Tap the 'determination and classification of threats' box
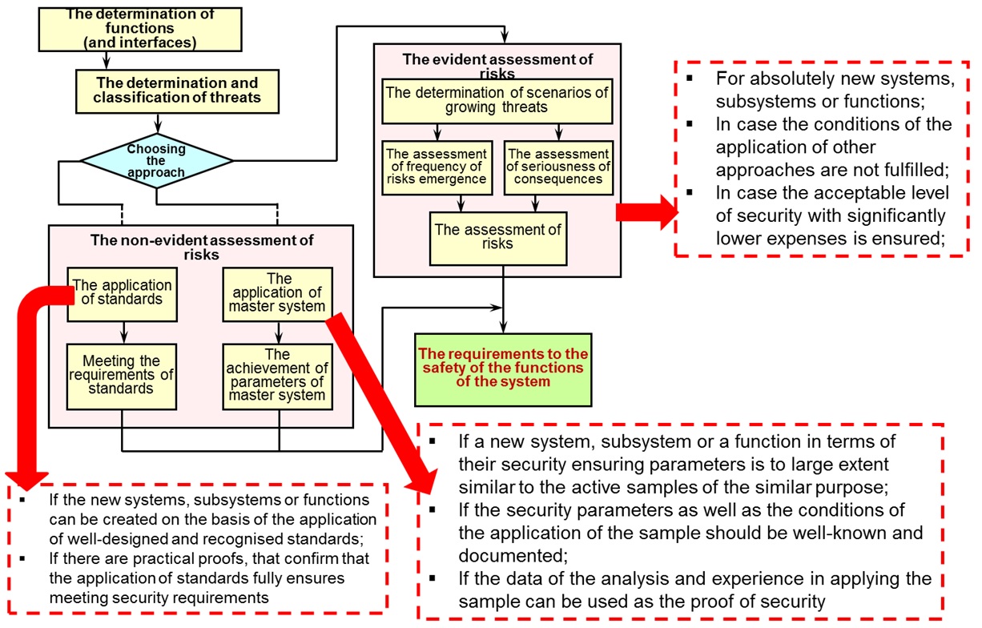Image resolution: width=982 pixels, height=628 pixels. pos(177,90)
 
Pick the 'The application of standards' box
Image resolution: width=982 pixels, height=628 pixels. pos(122,293)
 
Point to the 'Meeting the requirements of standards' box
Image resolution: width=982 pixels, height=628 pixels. pos(122,376)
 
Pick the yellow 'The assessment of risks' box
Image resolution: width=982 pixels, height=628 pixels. pos(498,237)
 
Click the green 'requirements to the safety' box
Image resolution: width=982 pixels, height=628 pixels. pos(503,369)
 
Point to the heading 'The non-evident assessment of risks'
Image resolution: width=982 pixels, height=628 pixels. pos(201,244)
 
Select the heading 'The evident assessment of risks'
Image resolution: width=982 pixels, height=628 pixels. pos(498,64)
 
